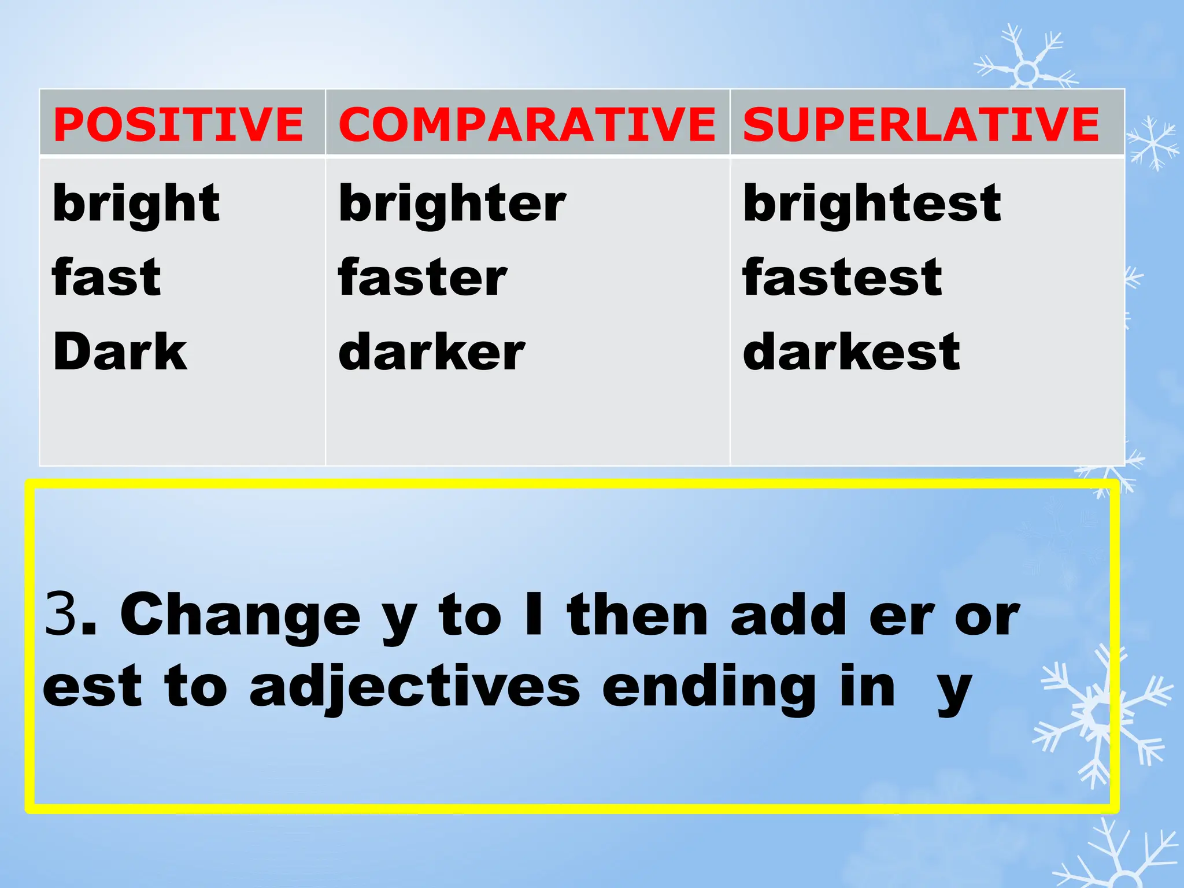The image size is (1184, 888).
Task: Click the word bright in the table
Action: tap(136, 203)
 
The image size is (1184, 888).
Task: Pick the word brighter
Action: tap(452, 203)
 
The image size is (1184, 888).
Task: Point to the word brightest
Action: tap(872, 203)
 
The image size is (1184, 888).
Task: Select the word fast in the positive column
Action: tap(106, 277)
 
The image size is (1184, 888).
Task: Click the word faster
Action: tap(423, 277)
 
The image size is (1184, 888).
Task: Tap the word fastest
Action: tap(842, 277)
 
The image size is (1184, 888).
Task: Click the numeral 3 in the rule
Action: tap(60, 614)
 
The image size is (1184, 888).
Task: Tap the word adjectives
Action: tap(415, 688)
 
